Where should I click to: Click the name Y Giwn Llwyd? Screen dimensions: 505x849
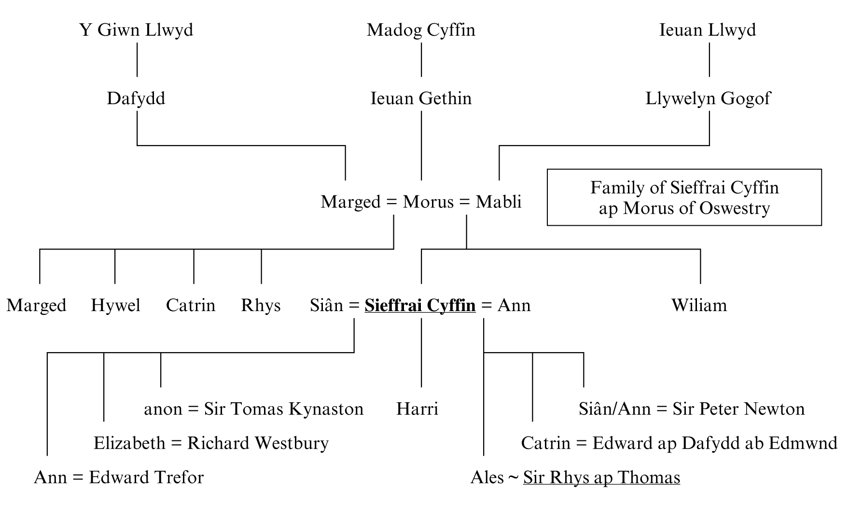137,30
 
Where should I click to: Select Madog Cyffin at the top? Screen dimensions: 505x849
421,30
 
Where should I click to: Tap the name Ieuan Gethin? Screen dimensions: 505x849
421,98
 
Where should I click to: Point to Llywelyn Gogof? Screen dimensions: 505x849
708,98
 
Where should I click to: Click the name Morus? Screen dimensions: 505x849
428,202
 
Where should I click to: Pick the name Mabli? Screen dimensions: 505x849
499,202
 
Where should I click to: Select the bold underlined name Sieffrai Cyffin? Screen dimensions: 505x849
420,305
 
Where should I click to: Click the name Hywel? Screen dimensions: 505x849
116,305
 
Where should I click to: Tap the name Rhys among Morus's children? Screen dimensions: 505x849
261,305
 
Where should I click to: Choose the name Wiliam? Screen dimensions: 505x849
699,305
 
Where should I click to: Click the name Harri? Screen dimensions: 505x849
417,409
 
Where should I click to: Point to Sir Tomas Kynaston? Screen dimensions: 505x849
283,409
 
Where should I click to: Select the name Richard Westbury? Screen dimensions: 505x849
258,443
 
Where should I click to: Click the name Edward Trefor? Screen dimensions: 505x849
146,478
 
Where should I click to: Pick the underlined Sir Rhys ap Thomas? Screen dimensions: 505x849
601,478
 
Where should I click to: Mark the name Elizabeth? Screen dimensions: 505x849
129,443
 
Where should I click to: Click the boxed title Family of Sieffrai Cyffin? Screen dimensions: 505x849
684,197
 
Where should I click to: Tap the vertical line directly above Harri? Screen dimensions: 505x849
421,353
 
